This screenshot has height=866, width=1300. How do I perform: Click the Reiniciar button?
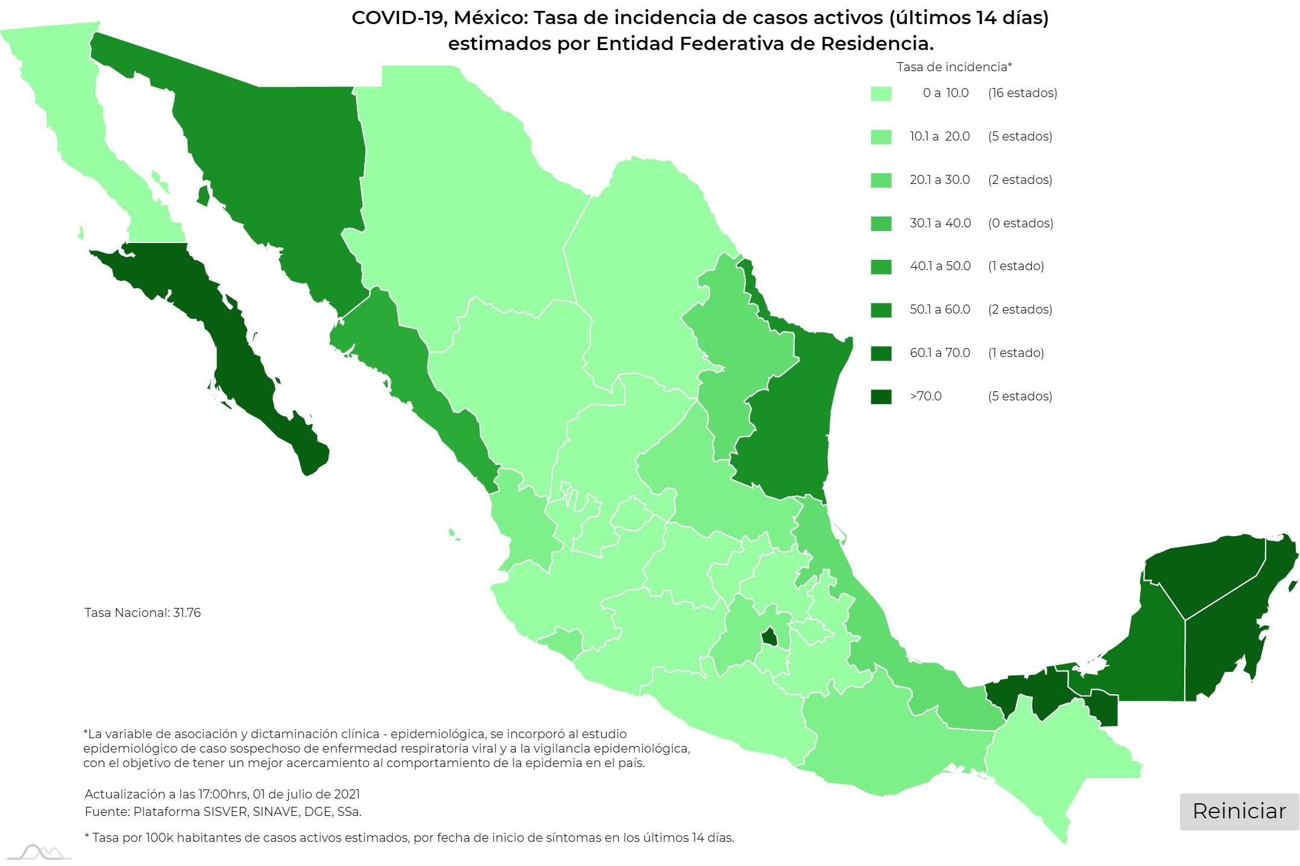tap(1238, 812)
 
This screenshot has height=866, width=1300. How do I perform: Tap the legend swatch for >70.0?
tap(881, 397)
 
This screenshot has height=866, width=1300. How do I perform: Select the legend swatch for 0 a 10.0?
tap(881, 93)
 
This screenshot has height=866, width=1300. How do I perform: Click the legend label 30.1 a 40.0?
tap(940, 223)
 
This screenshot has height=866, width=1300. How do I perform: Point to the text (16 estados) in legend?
tap(1022, 93)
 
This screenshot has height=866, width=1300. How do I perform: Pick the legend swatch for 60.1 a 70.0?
tap(881, 353)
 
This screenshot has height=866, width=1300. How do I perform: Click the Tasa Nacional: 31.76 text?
tap(142, 613)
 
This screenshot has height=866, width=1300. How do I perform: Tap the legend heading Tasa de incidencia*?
tap(953, 67)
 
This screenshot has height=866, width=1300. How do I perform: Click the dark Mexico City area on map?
tap(769, 637)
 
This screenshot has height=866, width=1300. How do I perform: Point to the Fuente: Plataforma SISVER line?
tap(222, 812)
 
